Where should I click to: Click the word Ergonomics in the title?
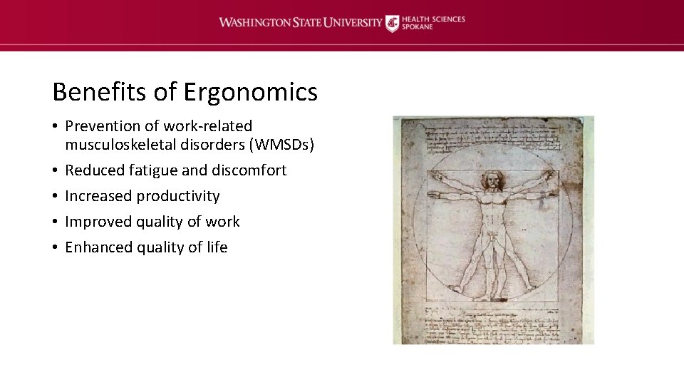pos(250,92)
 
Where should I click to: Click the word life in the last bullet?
pos(217,247)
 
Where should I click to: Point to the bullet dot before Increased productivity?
pos(55,196)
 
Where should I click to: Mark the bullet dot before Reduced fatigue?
pos(55,170)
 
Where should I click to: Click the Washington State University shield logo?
pos(392,23)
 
